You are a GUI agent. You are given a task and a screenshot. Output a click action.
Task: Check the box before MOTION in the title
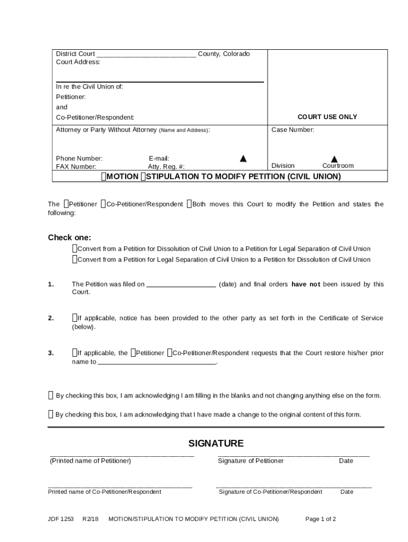104,176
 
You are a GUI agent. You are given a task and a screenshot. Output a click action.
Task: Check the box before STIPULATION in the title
143,176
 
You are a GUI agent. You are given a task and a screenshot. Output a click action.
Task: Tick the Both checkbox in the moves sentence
189,204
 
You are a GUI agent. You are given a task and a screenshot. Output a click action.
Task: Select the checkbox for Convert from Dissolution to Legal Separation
75,249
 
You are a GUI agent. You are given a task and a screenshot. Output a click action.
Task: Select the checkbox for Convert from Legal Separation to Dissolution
75,259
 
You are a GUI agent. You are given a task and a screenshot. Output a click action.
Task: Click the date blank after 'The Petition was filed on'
181,285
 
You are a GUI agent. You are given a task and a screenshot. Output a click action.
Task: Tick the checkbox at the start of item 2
75,318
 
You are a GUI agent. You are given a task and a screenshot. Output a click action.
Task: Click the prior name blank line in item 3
157,363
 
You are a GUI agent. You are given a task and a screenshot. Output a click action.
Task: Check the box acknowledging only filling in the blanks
51,395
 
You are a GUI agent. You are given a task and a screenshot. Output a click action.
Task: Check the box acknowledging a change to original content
51,414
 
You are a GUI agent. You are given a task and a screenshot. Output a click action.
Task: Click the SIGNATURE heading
216,444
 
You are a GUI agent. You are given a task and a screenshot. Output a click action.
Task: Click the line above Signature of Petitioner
294,455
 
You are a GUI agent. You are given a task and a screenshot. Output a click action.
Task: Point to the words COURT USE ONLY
327,117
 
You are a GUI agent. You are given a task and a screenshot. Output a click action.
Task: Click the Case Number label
292,130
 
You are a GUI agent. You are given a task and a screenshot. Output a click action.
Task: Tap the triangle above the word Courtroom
334,159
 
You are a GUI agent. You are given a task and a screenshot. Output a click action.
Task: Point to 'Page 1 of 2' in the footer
321,519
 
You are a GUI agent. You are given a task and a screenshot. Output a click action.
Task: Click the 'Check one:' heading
69,238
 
